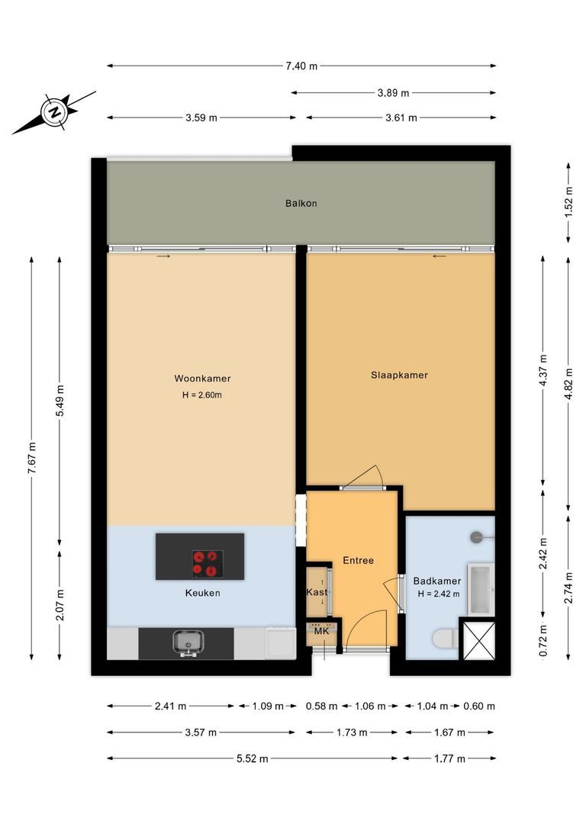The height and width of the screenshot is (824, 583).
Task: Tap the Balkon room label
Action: tap(301, 204)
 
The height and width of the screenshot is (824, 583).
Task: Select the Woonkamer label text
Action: tap(202, 378)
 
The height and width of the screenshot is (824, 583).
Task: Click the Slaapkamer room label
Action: tap(399, 375)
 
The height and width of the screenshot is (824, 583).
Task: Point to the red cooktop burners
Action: tap(208, 562)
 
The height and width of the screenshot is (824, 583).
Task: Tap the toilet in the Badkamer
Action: tap(444, 638)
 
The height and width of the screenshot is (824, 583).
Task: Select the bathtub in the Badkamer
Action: tap(481, 588)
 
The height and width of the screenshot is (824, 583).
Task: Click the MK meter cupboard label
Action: tap(321, 631)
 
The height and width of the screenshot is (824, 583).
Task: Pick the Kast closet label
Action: tap(317, 592)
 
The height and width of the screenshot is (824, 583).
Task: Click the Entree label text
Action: tap(358, 561)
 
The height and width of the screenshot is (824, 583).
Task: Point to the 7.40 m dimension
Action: tap(301, 66)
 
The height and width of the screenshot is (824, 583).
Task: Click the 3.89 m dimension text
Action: tap(394, 93)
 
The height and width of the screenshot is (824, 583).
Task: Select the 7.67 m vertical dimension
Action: tap(32, 458)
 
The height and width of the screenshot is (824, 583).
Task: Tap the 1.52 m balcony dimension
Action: tap(569, 204)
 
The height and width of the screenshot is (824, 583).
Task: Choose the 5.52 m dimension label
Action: tap(252, 758)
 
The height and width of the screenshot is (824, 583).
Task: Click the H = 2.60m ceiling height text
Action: tap(202, 395)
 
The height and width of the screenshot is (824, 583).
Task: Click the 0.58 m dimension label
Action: tap(321, 707)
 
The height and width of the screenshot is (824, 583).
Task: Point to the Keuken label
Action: tap(202, 593)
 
